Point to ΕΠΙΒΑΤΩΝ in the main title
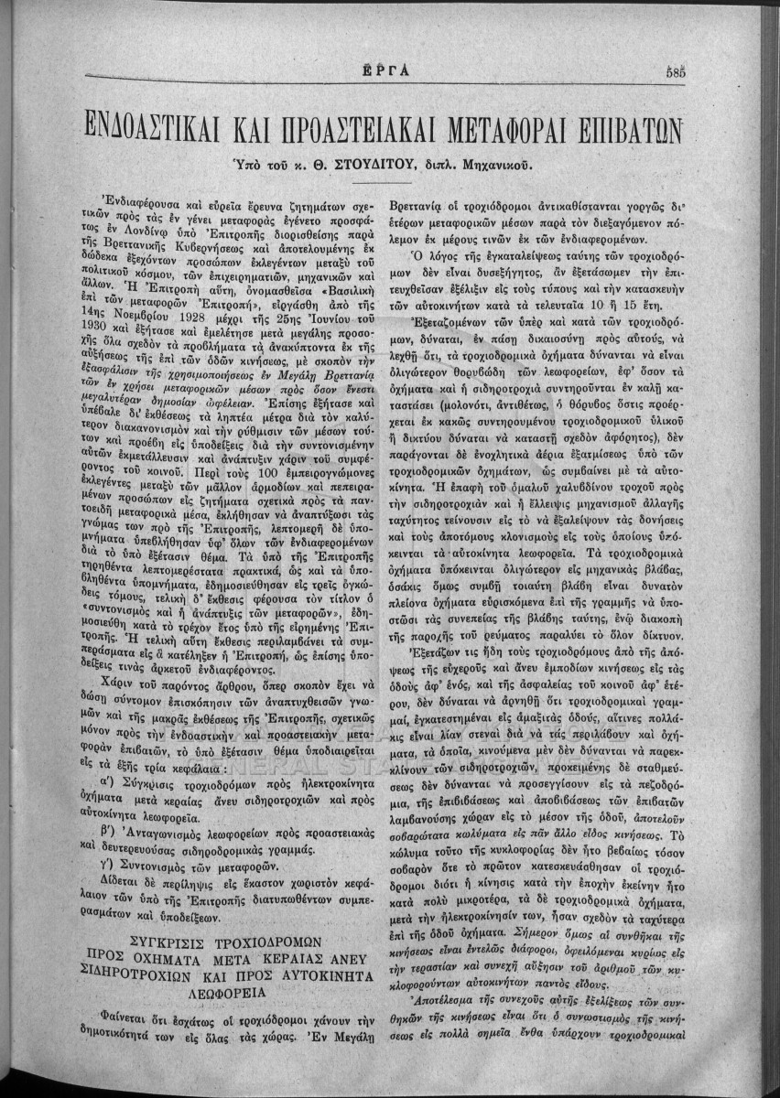[637, 126]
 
